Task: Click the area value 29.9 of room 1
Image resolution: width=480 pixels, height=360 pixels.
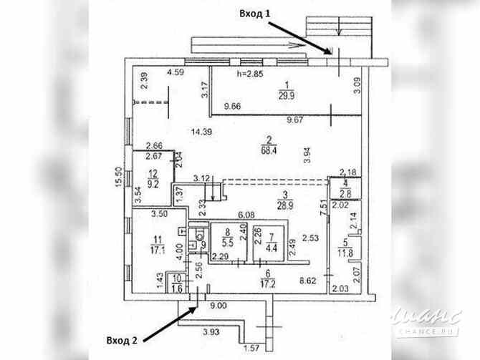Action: tap(285, 94)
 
